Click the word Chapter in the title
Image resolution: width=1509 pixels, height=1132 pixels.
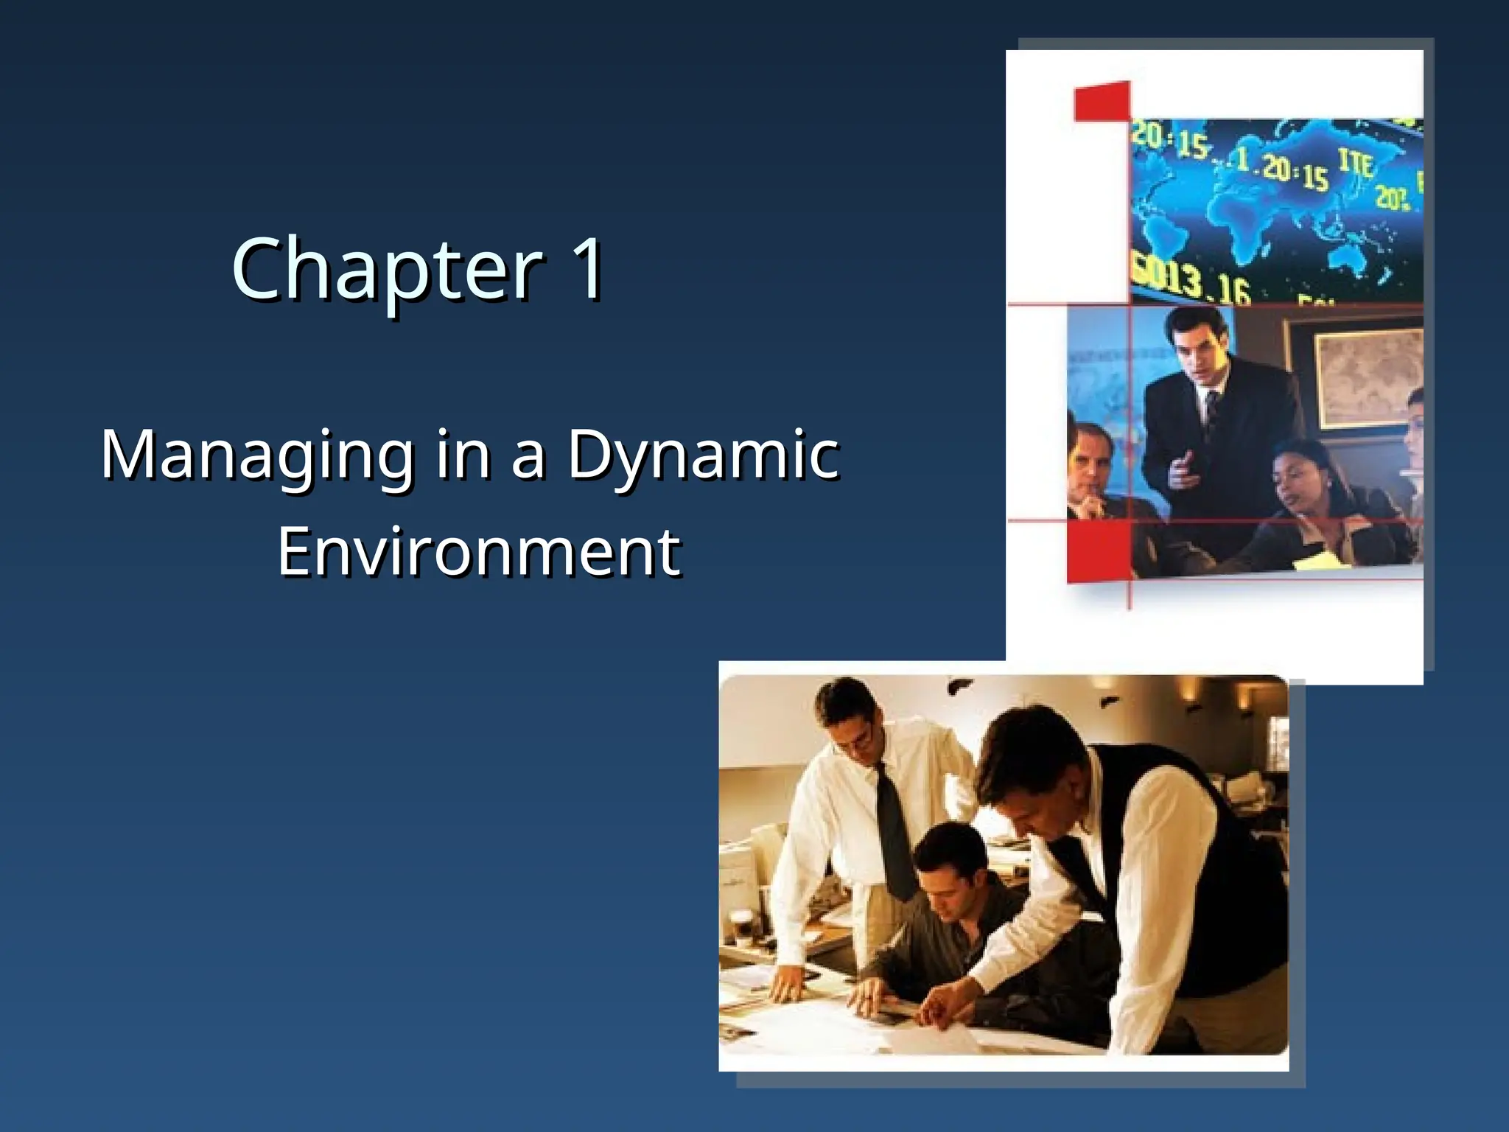(x=388, y=269)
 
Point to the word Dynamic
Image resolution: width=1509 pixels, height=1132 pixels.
(x=703, y=454)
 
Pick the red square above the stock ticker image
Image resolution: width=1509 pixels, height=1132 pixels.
(x=1102, y=101)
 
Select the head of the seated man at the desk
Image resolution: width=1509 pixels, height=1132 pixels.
(x=948, y=873)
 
